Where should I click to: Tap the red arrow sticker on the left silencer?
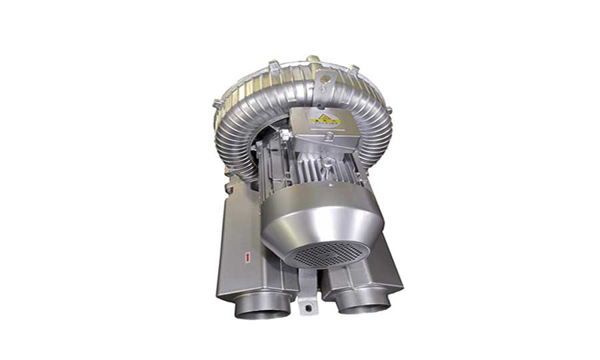[247, 255]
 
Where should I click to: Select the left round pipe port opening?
[263, 307]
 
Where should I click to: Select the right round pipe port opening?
[363, 303]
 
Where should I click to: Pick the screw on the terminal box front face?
[328, 137]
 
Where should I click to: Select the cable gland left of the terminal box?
[285, 136]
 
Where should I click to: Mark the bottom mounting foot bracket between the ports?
[307, 297]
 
